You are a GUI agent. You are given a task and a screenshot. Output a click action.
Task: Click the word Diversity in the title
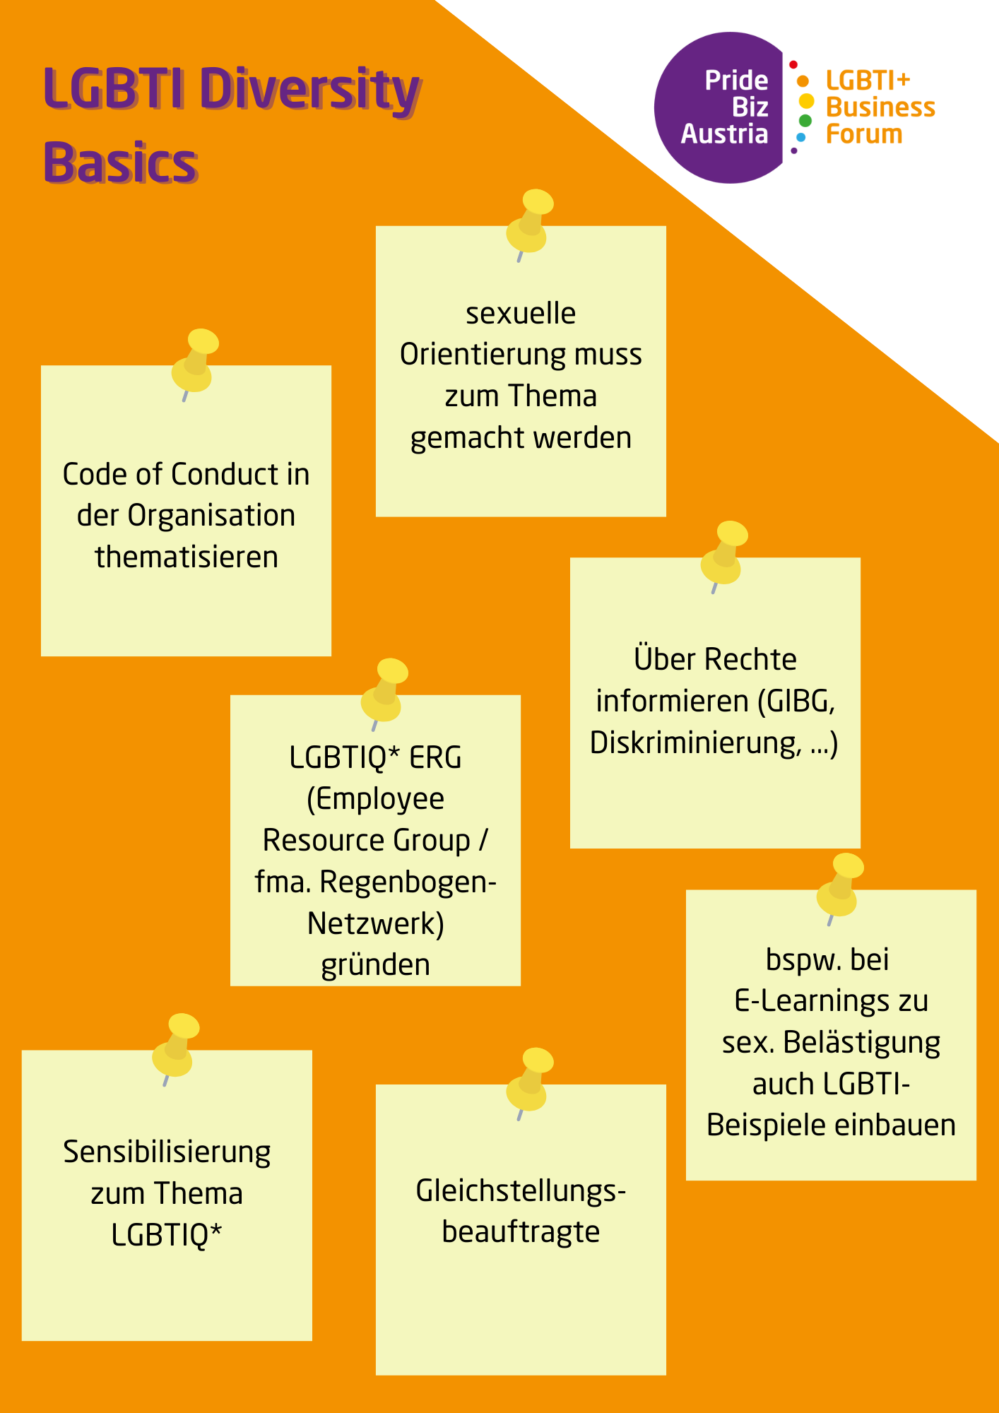click(310, 90)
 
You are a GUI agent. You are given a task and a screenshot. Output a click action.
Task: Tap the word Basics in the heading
click(121, 162)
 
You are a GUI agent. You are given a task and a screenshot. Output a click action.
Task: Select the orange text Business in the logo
click(880, 107)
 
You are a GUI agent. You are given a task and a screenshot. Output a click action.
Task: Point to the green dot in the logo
click(805, 121)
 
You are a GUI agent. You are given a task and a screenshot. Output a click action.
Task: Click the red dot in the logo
click(793, 65)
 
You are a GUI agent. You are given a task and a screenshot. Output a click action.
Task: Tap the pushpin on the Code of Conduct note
click(195, 364)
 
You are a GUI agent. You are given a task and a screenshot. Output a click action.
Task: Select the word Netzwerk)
click(376, 923)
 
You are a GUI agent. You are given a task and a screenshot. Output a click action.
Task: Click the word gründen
click(376, 965)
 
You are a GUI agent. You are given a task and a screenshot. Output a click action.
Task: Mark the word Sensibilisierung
click(167, 1153)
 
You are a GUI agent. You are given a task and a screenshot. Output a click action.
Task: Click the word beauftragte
click(521, 1231)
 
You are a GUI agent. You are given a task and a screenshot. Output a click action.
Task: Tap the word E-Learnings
click(812, 1002)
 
